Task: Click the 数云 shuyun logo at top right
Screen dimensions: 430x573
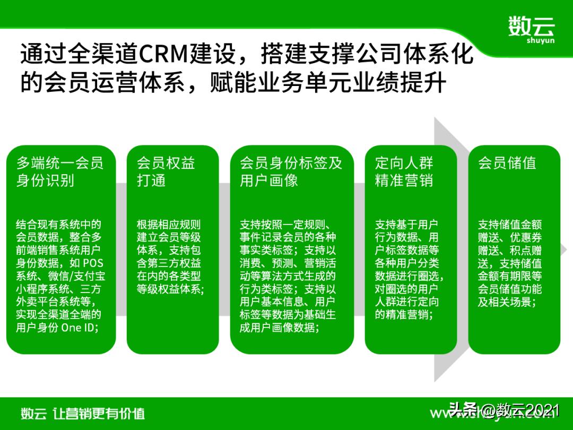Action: (x=531, y=29)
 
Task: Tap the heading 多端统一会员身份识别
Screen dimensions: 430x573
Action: (x=59, y=171)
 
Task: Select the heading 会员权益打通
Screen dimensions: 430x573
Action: (x=166, y=171)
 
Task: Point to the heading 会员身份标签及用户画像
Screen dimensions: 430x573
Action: (x=291, y=171)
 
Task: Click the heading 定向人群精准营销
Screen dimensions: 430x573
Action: (x=404, y=171)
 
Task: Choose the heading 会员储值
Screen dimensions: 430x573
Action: (x=507, y=163)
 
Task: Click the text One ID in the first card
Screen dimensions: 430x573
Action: (x=80, y=328)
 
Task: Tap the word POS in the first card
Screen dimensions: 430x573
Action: (x=93, y=263)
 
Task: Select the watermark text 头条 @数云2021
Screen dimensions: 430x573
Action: (x=505, y=410)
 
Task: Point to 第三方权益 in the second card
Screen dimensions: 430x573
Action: (x=175, y=263)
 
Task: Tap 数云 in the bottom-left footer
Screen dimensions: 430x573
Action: (x=33, y=414)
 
